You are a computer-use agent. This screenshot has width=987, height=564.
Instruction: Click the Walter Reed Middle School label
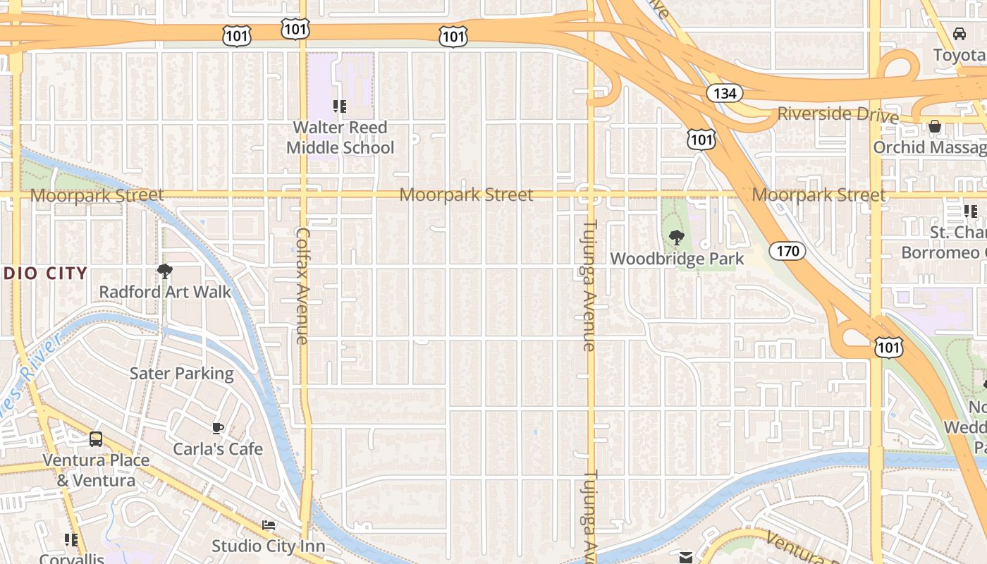(340, 137)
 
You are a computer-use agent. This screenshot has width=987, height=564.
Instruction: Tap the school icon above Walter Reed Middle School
(340, 106)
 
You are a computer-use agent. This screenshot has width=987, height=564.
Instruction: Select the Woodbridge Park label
(677, 259)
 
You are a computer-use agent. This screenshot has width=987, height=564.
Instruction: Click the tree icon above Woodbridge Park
(677, 238)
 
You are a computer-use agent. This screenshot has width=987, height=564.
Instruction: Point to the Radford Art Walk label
(165, 292)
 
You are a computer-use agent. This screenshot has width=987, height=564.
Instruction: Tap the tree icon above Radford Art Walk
(165, 271)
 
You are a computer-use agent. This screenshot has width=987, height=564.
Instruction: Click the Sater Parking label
(181, 374)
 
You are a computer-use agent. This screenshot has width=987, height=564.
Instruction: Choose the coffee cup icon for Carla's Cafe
(218, 428)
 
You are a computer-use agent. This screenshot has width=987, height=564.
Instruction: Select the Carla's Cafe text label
(218, 449)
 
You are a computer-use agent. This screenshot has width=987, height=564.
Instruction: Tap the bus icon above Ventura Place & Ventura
(96, 439)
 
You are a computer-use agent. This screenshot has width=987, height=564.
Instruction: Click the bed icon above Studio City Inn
(269, 525)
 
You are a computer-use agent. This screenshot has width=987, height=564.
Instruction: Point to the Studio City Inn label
(269, 546)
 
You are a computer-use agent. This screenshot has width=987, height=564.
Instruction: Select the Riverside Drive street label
(838, 115)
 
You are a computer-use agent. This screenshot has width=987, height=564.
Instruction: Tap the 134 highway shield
(724, 93)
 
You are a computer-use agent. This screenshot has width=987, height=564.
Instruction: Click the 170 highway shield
(787, 250)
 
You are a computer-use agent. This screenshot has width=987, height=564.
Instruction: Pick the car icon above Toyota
(959, 34)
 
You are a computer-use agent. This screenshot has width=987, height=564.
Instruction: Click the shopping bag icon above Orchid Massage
(935, 127)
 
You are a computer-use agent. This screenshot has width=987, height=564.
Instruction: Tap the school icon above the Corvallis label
(71, 540)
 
